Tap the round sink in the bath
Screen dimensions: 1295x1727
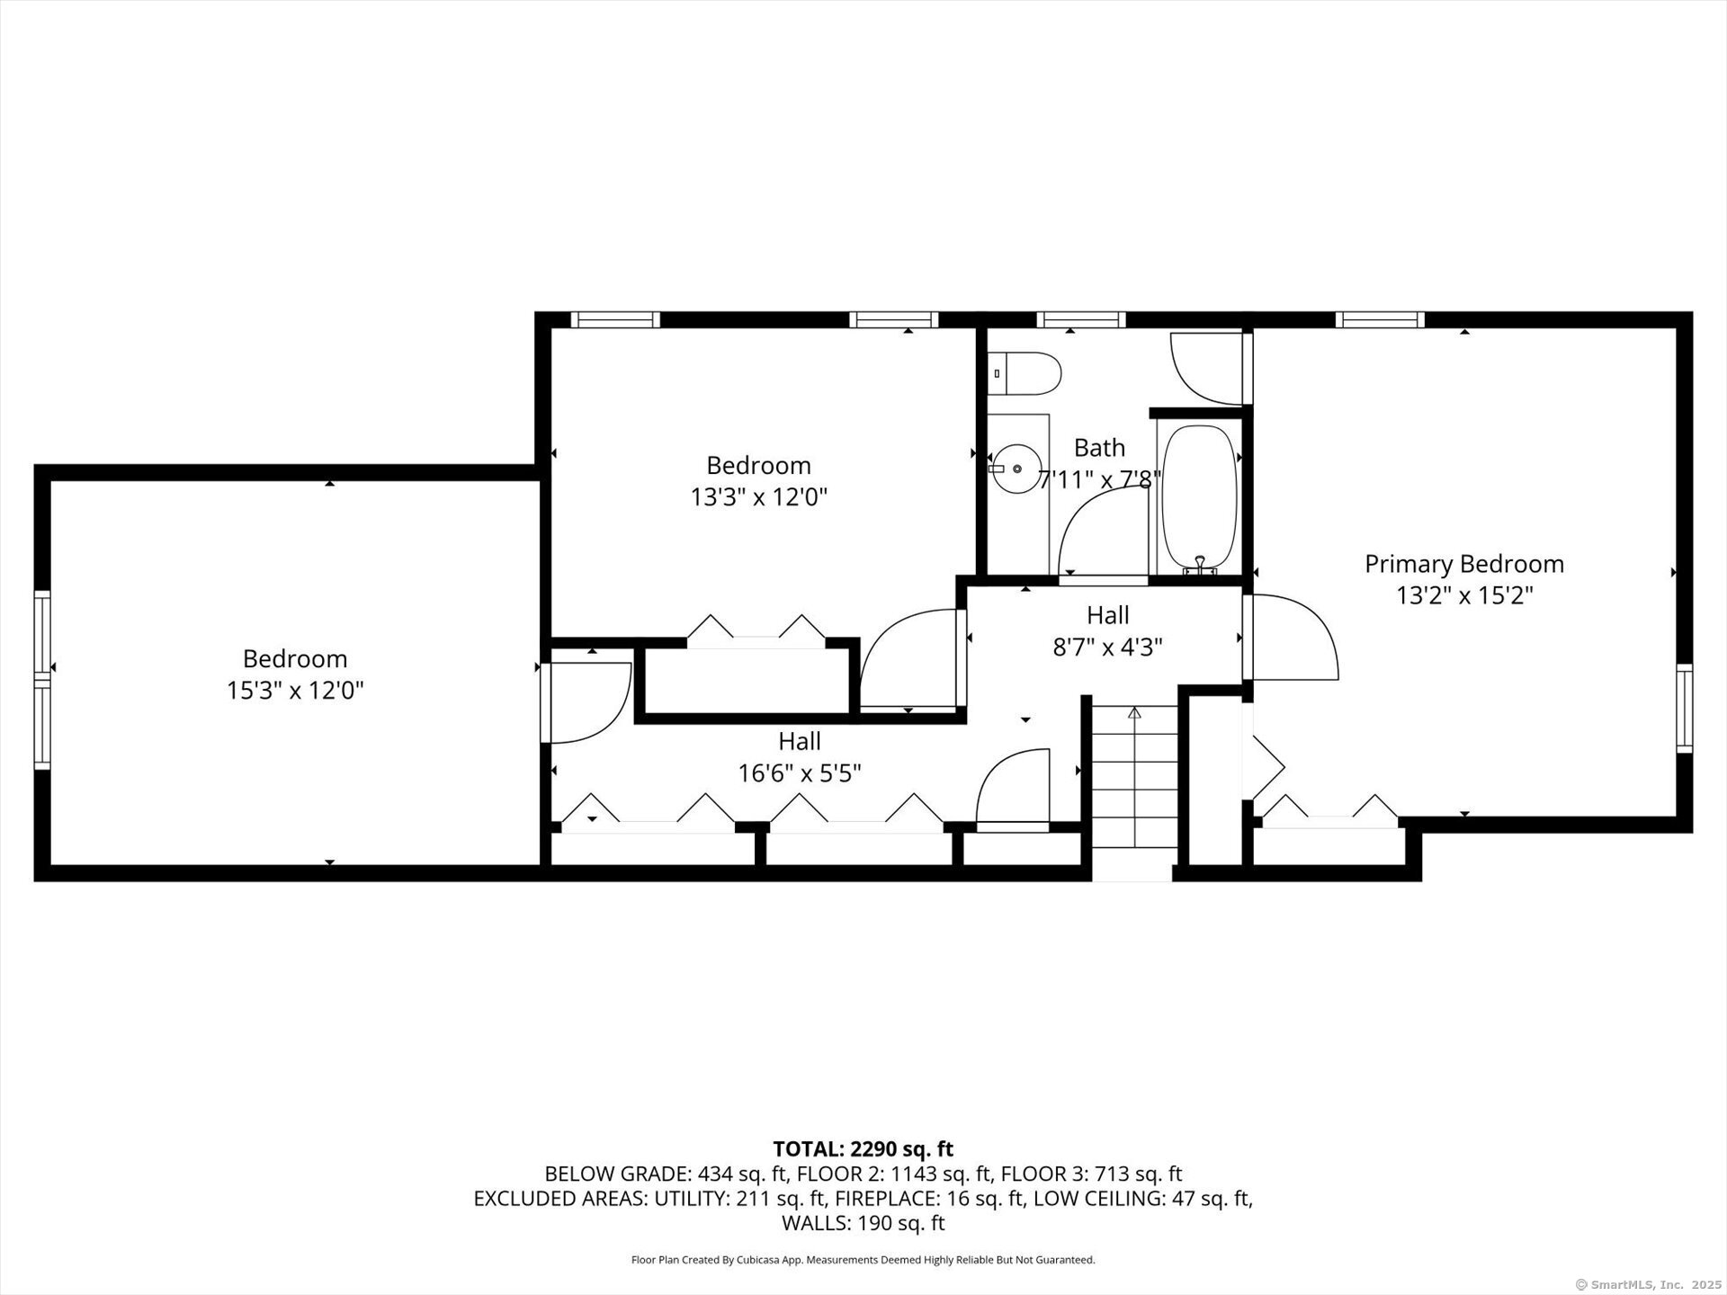point(1017,469)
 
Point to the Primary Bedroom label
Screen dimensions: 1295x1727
point(1464,564)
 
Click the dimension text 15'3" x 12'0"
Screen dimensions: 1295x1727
point(295,691)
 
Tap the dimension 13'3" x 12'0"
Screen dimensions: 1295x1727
point(758,497)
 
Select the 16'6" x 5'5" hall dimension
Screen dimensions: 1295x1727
point(800,773)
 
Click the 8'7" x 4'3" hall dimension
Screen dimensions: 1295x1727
point(1107,647)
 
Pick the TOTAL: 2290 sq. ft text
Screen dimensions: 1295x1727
point(863,1148)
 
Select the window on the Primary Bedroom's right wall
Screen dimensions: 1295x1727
point(1684,708)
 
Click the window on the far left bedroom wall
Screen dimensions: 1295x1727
point(41,679)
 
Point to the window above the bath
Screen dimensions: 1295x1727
point(1080,319)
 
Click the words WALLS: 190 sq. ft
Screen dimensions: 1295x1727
point(863,1223)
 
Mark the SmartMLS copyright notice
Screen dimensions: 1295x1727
point(1648,1284)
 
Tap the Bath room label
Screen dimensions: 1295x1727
point(1099,447)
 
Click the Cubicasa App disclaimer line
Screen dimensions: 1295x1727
point(863,1260)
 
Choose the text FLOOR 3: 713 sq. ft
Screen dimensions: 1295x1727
point(1091,1174)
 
